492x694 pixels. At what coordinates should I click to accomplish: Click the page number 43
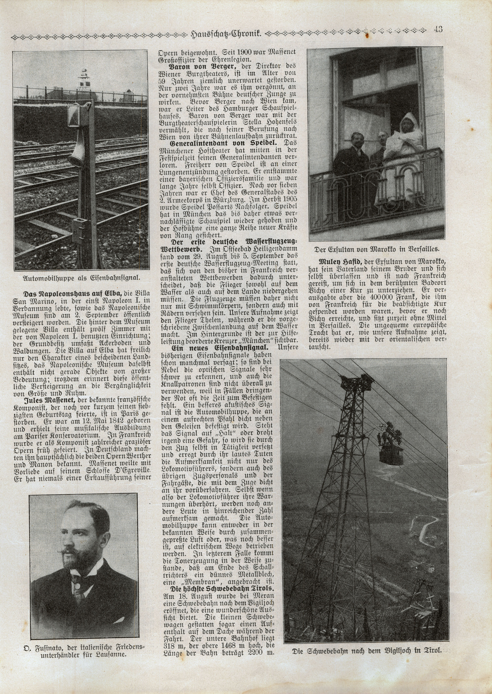tap(438, 29)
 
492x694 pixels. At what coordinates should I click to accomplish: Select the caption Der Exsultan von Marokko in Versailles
tap(377, 250)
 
